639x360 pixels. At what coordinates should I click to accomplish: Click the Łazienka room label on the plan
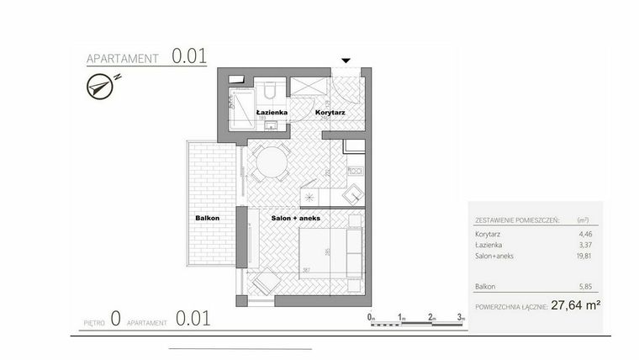pyautogui.click(x=274, y=112)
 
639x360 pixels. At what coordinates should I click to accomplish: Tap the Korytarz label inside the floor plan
pyautogui.click(x=330, y=112)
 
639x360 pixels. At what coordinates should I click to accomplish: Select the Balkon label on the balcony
pyautogui.click(x=208, y=218)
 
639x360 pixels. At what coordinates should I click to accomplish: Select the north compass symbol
pyautogui.click(x=102, y=85)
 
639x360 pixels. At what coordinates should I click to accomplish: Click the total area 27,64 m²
pyautogui.click(x=575, y=306)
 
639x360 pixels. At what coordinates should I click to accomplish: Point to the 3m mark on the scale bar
pyautogui.click(x=461, y=317)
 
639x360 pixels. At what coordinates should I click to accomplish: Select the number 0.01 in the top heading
pyautogui.click(x=190, y=56)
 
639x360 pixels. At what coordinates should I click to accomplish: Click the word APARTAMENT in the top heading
pyautogui.click(x=124, y=59)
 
